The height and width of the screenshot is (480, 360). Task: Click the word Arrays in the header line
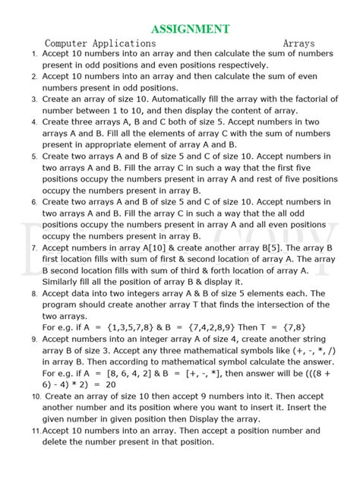tap(298, 44)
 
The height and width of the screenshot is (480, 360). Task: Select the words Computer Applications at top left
tap(100, 44)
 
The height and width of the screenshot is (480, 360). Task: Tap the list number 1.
tap(34, 55)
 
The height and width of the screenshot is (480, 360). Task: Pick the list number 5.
tap(34, 156)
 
